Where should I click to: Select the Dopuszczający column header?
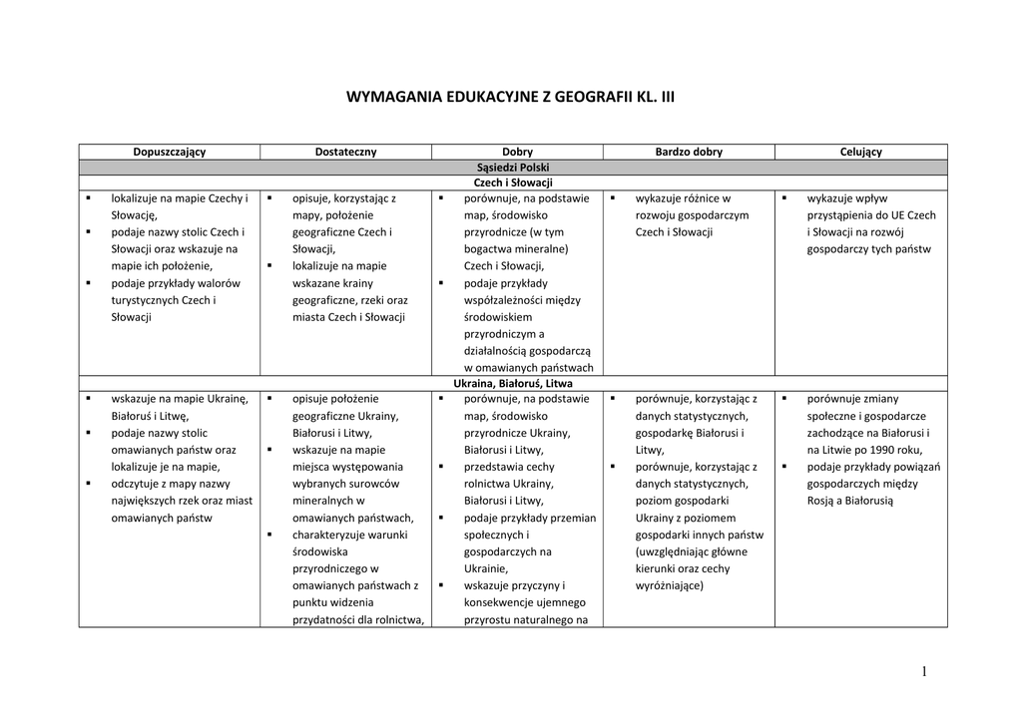pyautogui.click(x=170, y=152)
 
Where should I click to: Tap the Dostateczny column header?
pyautogui.click(x=345, y=152)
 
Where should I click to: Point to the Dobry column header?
pyautogui.click(x=517, y=152)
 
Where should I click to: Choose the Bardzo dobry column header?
pyautogui.click(x=689, y=152)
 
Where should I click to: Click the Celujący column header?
pyautogui.click(x=861, y=152)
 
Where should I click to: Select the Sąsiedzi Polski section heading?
pyautogui.click(x=514, y=168)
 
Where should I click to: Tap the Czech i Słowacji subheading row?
pyautogui.click(x=514, y=183)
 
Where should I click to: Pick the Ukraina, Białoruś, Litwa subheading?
pyautogui.click(x=514, y=383)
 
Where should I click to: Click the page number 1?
pyautogui.click(x=925, y=672)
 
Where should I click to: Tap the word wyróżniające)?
pyautogui.click(x=669, y=585)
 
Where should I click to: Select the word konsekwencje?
pyautogui.click(x=501, y=602)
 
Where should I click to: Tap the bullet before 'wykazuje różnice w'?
pyautogui.click(x=612, y=198)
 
